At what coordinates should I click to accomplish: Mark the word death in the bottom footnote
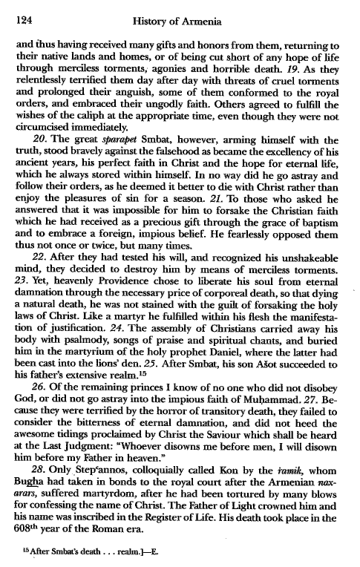70,553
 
